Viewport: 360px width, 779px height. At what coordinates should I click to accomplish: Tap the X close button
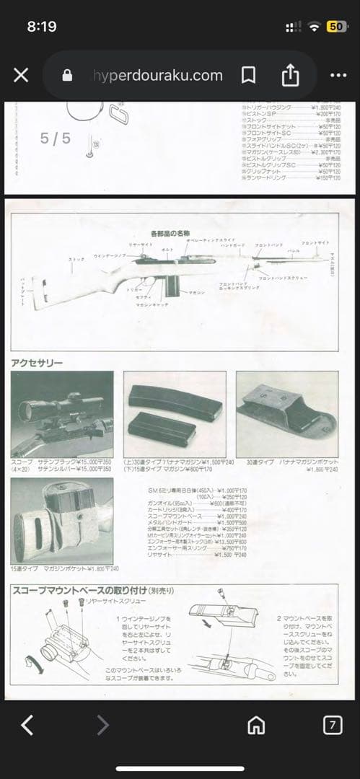click(21, 75)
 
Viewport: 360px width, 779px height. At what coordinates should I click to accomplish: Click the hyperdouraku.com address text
click(157, 75)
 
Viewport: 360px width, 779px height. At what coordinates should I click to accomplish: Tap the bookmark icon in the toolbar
click(248, 75)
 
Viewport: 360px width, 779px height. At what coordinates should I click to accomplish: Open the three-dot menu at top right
click(338, 75)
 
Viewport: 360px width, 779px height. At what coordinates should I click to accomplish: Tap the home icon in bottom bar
click(256, 725)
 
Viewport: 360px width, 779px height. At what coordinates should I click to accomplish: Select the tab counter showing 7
click(332, 725)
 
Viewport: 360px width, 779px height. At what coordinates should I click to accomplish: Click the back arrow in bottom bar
click(27, 725)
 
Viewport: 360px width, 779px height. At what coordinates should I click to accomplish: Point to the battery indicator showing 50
click(336, 26)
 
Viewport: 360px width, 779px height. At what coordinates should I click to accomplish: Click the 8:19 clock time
click(42, 26)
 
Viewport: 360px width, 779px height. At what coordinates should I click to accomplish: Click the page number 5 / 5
click(56, 138)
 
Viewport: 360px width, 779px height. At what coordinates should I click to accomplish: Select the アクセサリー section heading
click(37, 362)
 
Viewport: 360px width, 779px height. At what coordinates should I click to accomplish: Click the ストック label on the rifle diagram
click(76, 259)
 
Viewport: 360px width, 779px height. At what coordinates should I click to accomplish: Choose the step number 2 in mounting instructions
click(279, 619)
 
